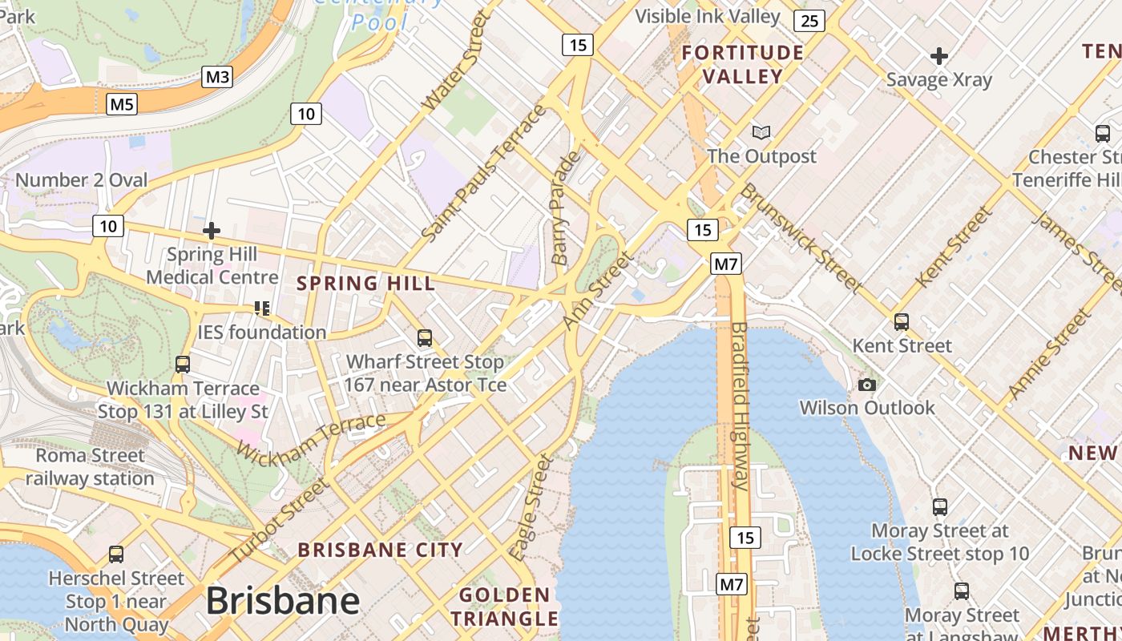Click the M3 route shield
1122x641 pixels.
point(217,77)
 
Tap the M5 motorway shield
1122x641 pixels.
point(123,103)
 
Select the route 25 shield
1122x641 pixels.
point(809,20)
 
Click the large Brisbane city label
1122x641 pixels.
point(283,601)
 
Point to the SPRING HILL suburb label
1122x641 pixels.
point(366,283)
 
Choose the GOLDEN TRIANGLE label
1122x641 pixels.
point(504,607)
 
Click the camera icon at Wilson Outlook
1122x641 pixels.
point(866,385)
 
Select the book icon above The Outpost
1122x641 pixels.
point(761,133)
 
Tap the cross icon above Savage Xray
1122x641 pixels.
point(939,56)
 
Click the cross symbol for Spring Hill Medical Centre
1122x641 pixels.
point(212,231)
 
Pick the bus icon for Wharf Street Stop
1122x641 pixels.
point(425,338)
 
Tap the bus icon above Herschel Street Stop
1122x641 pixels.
point(116,554)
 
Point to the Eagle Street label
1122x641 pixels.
point(532,506)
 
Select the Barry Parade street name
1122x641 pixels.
point(565,208)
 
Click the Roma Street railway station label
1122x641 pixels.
point(90,467)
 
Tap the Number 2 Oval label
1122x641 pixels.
point(82,180)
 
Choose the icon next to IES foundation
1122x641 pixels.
point(261,308)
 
